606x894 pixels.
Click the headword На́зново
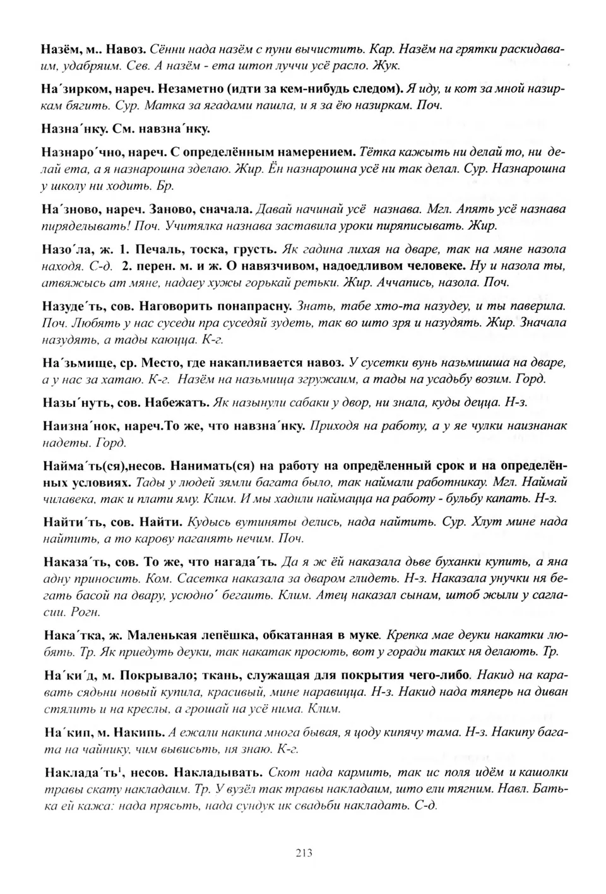[66, 209]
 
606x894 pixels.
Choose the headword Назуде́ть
[69, 306]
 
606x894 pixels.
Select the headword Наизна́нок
[73, 426]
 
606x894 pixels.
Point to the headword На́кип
[62, 732]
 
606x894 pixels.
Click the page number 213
[304, 853]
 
